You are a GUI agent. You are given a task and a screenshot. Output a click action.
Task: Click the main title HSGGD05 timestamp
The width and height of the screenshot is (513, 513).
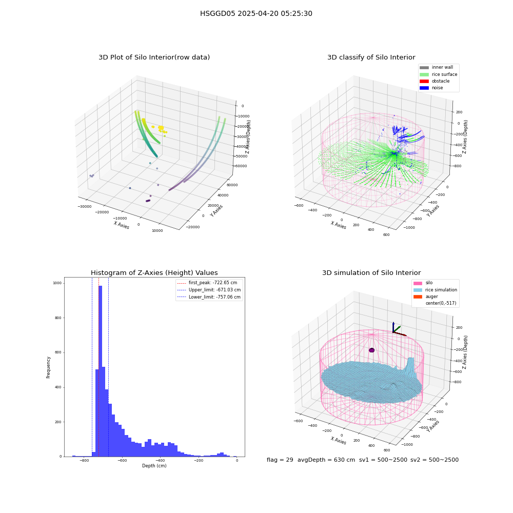click(256, 13)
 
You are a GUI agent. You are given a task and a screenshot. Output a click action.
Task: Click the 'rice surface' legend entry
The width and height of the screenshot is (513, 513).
click(439, 74)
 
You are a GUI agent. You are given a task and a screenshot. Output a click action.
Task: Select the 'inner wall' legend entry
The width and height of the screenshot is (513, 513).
click(437, 67)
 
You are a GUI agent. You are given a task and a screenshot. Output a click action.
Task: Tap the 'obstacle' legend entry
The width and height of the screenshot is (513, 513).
click(435, 81)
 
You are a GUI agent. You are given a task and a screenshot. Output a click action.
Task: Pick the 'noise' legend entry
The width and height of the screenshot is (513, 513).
click(431, 88)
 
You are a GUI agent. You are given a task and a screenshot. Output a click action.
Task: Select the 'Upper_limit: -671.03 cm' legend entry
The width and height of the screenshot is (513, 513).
click(209, 290)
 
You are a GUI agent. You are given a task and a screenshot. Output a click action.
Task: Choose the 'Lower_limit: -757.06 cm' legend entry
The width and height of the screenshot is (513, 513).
click(209, 297)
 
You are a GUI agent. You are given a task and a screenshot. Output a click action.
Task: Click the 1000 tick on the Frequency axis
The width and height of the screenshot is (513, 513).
click(57, 283)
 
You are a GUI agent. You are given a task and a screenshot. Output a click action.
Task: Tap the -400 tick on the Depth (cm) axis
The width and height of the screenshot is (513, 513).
click(160, 460)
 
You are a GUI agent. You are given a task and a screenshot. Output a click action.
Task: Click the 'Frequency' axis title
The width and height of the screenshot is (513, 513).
click(48, 367)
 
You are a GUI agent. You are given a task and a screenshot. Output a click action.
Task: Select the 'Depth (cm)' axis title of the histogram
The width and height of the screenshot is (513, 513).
click(154, 466)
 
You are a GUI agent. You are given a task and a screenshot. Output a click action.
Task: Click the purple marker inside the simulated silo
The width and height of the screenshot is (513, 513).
click(371, 350)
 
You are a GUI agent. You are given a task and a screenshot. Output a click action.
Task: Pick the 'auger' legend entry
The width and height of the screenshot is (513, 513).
click(426, 297)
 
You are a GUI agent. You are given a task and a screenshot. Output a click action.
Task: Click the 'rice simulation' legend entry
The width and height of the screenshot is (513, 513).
click(435, 290)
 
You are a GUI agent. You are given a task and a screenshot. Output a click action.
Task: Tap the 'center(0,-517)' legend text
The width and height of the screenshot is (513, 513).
click(441, 303)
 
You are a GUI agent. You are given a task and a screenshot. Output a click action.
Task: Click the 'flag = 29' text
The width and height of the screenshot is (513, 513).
click(280, 460)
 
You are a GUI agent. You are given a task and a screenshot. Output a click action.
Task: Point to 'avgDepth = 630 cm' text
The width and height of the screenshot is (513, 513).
click(326, 460)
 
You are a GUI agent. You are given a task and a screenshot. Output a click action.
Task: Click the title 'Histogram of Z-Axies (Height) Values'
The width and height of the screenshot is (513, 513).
click(154, 272)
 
